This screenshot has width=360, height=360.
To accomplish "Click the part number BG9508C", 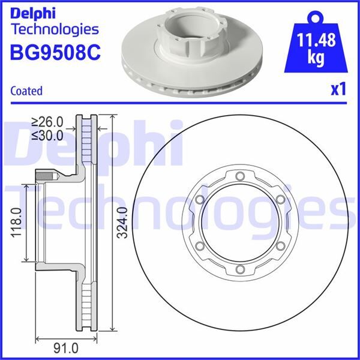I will pyautogui.click(x=55, y=52).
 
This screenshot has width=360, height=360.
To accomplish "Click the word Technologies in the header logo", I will pyautogui.click(x=55, y=29).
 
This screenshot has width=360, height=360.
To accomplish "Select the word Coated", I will pyautogui.click(x=26, y=91).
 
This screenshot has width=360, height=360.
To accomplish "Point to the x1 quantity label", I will pyautogui.click(x=339, y=90).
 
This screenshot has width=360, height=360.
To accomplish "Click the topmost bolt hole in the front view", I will pyautogui.click(x=239, y=176).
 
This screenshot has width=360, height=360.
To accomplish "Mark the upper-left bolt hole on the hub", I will pyautogui.click(x=199, y=199).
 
